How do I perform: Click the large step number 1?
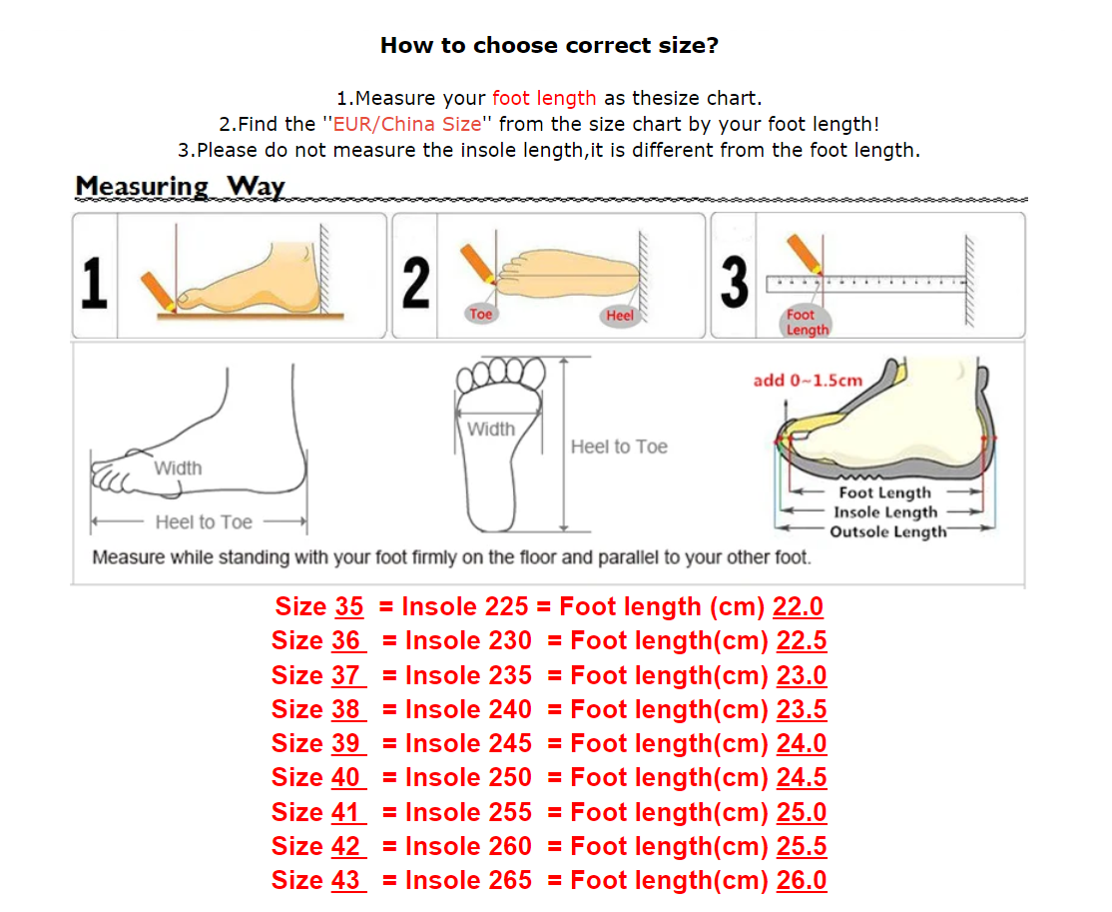pyautogui.click(x=94, y=283)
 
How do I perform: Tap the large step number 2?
pyautogui.click(x=416, y=283)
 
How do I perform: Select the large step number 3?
pyautogui.click(x=735, y=283)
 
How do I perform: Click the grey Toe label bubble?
pyautogui.click(x=481, y=314)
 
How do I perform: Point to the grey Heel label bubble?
pyautogui.click(x=619, y=315)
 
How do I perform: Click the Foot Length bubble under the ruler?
pyautogui.click(x=807, y=323)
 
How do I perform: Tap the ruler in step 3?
pyautogui.click(x=866, y=284)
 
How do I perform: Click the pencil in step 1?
pyautogui.click(x=158, y=291)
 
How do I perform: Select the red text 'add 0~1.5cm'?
pyautogui.click(x=808, y=381)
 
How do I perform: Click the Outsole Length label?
pyautogui.click(x=887, y=531)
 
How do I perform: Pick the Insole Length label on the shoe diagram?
pyautogui.click(x=885, y=512)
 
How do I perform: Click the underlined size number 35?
pyautogui.click(x=349, y=606)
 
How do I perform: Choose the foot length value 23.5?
pyautogui.click(x=802, y=710)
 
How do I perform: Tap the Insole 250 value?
pyautogui.click(x=468, y=778)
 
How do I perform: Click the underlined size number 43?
pyautogui.click(x=345, y=881)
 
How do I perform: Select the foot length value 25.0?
pyautogui.click(x=802, y=813)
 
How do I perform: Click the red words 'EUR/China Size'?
pyautogui.click(x=407, y=124)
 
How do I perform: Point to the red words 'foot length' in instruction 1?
pyautogui.click(x=544, y=98)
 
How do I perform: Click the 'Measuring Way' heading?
pyautogui.click(x=180, y=186)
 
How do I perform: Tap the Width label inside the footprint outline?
pyautogui.click(x=491, y=430)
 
